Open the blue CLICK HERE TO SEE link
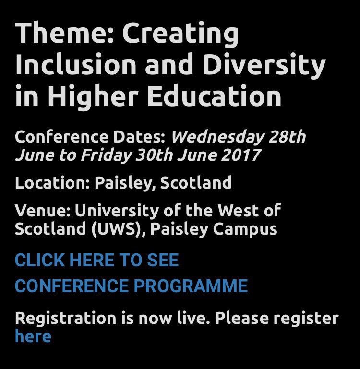tap(96, 261)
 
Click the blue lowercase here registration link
tap(33, 336)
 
